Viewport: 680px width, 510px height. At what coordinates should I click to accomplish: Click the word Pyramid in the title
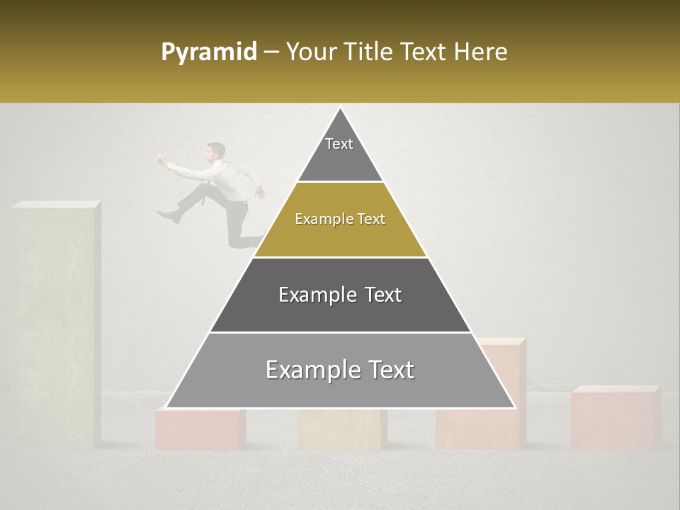[209, 52]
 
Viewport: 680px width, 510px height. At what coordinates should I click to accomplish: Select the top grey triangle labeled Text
[340, 152]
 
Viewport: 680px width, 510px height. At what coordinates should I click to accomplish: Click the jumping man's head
[216, 151]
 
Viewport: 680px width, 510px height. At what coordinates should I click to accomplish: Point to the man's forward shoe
[169, 215]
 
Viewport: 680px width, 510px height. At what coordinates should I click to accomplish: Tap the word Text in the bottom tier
[392, 370]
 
